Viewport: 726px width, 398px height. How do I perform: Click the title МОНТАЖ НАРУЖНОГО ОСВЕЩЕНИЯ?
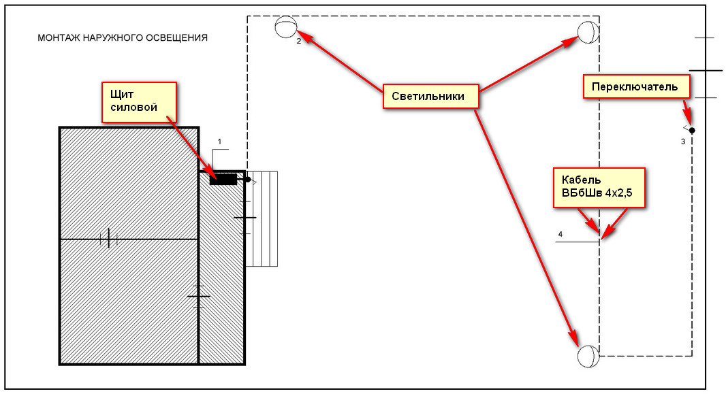click(x=123, y=37)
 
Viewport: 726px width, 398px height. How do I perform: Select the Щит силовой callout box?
click(x=139, y=102)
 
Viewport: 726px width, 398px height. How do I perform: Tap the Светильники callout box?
click(x=430, y=96)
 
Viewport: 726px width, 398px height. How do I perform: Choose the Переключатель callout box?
click(x=636, y=86)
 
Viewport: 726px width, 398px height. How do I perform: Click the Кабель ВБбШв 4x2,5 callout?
click(x=599, y=187)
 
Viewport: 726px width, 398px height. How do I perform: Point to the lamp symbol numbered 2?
click(x=285, y=27)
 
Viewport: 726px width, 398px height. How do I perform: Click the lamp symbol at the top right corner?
click(x=588, y=32)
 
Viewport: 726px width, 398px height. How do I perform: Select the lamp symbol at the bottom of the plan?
click(x=588, y=356)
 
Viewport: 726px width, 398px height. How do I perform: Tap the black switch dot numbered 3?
click(x=692, y=131)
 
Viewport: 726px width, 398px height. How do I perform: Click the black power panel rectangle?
click(x=223, y=179)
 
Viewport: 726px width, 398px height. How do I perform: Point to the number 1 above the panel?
click(x=219, y=142)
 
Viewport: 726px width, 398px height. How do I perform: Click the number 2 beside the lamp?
click(x=299, y=42)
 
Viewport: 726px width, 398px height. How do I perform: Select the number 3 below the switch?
click(x=683, y=142)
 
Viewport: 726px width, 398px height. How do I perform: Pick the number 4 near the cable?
click(x=561, y=234)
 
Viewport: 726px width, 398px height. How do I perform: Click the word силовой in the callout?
click(x=133, y=107)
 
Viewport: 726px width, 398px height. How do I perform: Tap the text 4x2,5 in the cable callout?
click(x=618, y=193)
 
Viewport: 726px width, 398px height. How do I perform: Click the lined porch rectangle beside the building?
click(x=262, y=219)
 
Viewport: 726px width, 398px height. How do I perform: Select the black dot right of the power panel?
click(x=248, y=180)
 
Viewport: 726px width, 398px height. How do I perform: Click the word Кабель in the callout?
click(x=581, y=180)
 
